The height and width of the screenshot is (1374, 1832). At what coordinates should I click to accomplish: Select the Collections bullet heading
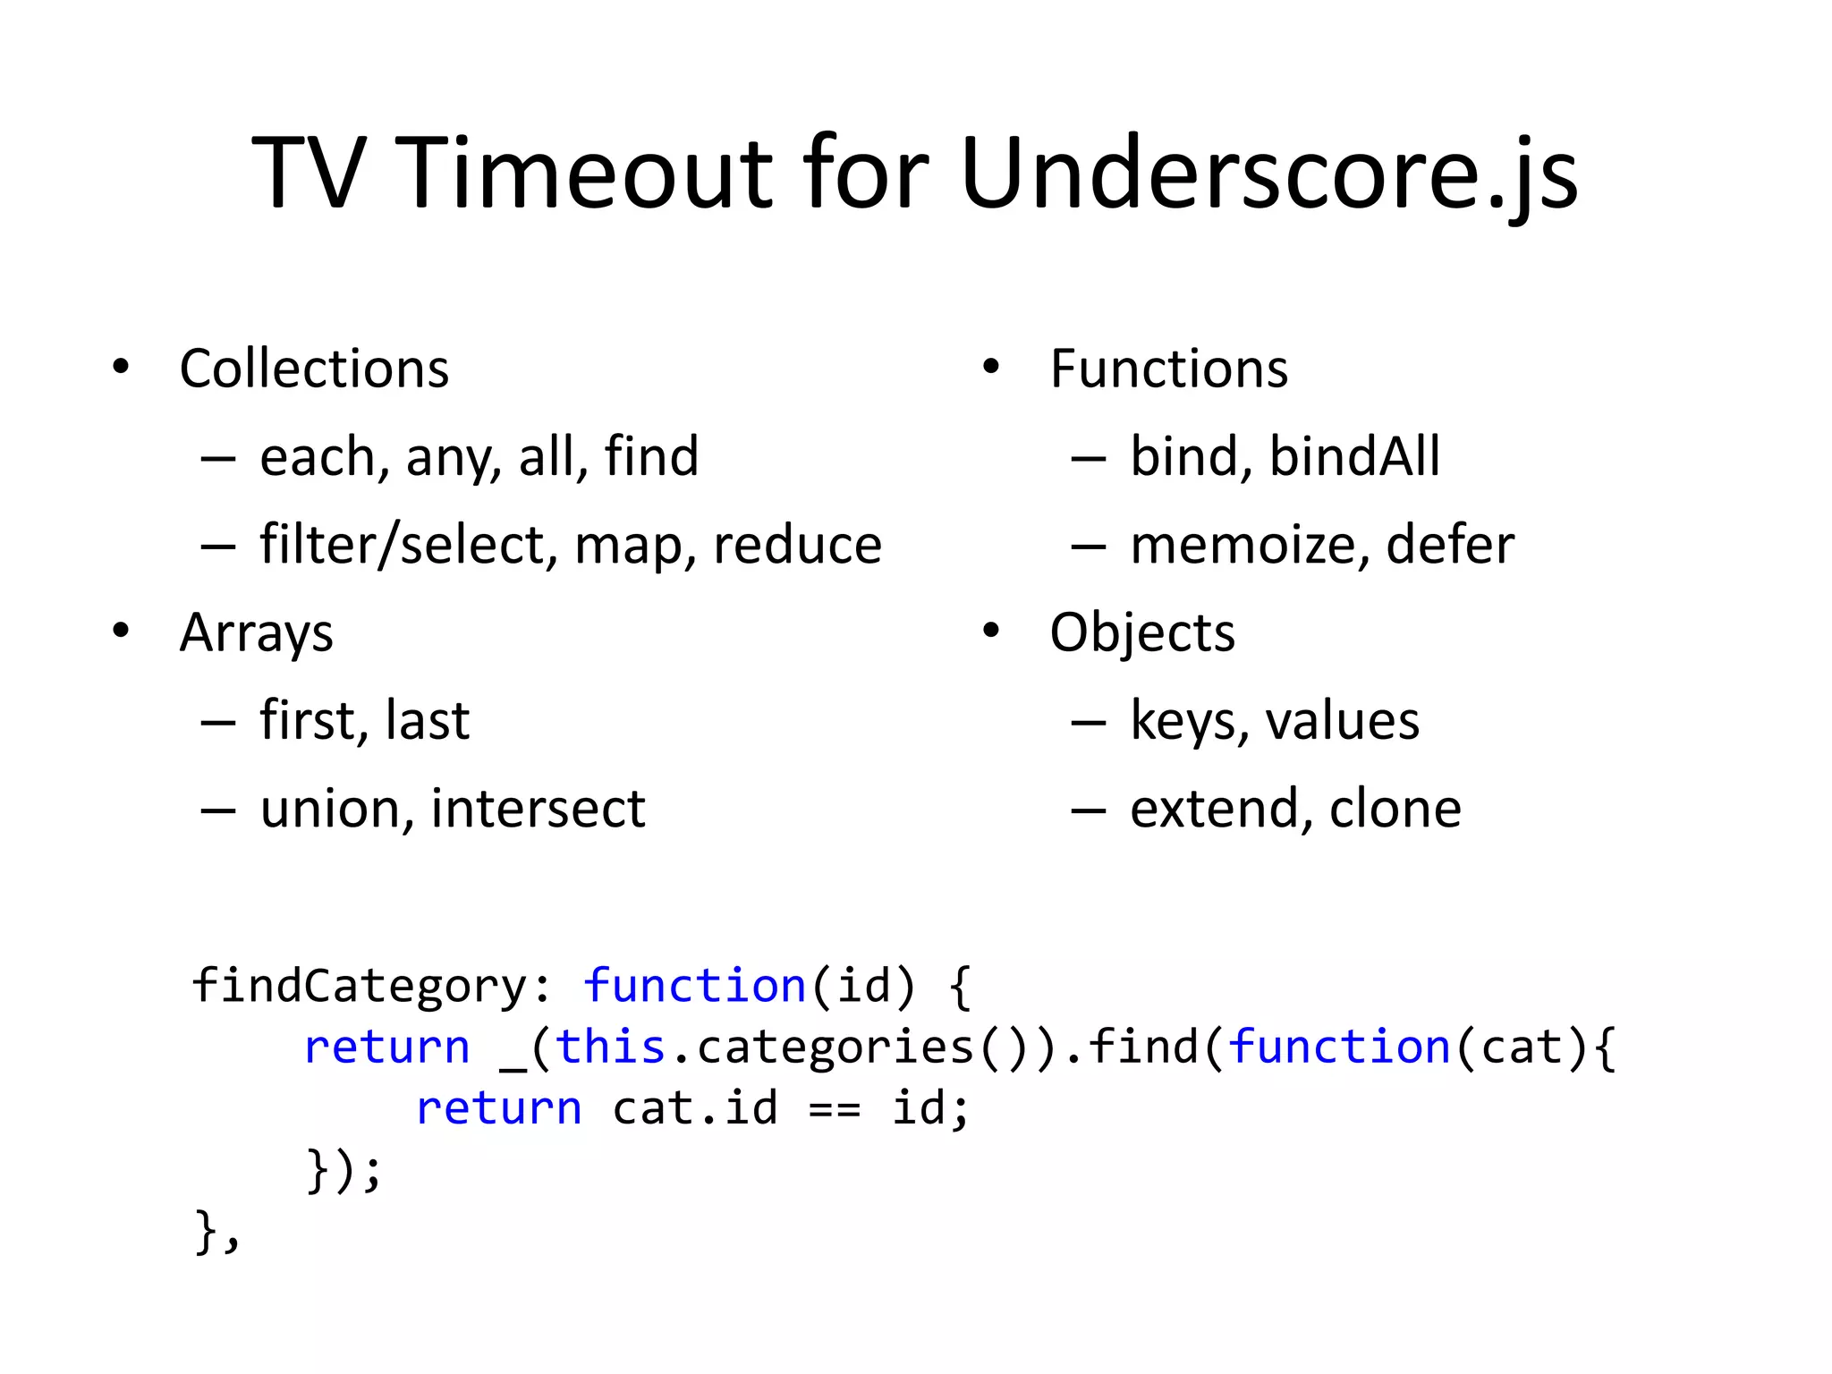click(x=314, y=369)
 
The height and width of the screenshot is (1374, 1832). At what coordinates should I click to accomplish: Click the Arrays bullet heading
click(x=257, y=633)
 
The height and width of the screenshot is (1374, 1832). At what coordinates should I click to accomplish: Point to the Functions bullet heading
click(x=1168, y=369)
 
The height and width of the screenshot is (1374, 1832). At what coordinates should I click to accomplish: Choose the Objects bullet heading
click(x=1142, y=633)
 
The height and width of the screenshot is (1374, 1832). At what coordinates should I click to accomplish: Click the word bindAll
click(x=1354, y=456)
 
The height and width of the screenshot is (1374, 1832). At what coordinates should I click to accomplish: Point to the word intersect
click(x=538, y=809)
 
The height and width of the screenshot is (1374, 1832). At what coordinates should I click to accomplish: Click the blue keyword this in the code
click(x=610, y=1047)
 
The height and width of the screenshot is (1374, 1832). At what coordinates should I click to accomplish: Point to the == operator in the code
click(x=834, y=1109)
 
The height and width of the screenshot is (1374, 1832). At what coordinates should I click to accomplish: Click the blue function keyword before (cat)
click(x=1338, y=1047)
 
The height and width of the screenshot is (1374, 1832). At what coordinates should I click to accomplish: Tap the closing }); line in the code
click(x=344, y=1170)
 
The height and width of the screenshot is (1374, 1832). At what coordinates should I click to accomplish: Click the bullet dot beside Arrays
click(x=121, y=632)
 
